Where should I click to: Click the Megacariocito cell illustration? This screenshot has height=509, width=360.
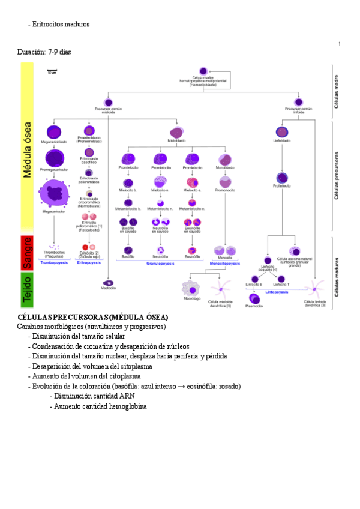click(x=55, y=194)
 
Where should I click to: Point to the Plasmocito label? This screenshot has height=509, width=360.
click(x=254, y=305)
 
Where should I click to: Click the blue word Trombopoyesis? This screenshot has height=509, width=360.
click(x=55, y=262)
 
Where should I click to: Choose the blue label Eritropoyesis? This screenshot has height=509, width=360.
click(x=89, y=262)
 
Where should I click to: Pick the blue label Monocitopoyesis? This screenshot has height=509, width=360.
click(x=225, y=263)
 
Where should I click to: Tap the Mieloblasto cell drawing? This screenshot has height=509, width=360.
click(x=176, y=133)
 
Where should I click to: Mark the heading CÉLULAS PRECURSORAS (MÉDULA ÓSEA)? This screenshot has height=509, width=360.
click(x=93, y=317)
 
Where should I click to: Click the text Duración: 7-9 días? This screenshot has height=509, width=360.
click(x=44, y=52)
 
